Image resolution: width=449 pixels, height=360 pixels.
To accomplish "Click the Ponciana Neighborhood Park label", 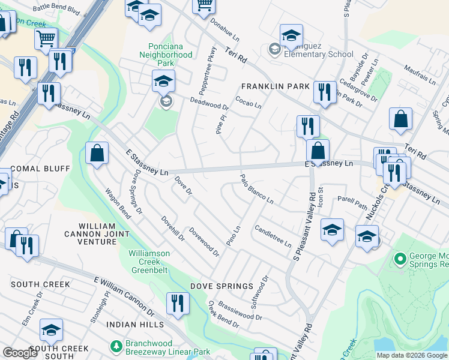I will pos(170,55).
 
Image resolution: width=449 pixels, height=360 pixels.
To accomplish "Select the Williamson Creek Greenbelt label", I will pos(157,258).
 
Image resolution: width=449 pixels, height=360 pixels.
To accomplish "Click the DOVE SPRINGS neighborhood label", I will pos(219,286).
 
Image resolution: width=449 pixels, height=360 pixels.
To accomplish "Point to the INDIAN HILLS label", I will pos(135,325).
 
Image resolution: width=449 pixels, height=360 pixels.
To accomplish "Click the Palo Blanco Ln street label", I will pos(257,188).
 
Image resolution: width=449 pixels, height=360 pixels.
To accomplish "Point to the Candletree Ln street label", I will pos(273,236).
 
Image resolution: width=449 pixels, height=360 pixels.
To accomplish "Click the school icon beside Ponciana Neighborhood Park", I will pos(163,82).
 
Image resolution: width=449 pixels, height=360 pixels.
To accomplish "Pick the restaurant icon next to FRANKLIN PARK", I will pos(324,92).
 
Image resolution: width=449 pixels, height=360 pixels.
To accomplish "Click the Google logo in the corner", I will pos(20,353).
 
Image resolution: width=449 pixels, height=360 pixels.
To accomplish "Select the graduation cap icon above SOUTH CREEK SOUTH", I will pos(52,330).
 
